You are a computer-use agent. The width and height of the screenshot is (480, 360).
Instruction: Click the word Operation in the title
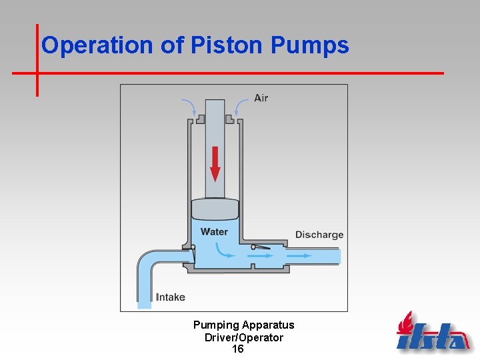click(98, 45)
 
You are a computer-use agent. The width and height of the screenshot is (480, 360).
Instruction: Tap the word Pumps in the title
click(310, 45)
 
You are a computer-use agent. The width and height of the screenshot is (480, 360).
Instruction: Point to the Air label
click(261, 98)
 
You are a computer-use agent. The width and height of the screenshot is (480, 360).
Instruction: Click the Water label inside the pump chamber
click(214, 232)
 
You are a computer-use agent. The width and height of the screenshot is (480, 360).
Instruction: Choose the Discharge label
click(319, 235)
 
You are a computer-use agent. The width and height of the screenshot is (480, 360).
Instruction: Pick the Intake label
click(171, 297)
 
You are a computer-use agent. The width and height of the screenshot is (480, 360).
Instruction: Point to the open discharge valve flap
click(261, 248)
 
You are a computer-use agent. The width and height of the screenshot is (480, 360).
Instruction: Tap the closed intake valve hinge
click(193, 247)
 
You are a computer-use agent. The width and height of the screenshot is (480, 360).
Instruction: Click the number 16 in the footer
click(237, 349)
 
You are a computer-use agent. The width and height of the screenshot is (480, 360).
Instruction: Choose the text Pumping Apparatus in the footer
click(243, 325)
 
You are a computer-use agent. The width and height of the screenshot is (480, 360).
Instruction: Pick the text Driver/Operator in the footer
click(243, 337)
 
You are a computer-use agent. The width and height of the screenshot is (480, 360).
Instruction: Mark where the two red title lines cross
click(37, 73)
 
